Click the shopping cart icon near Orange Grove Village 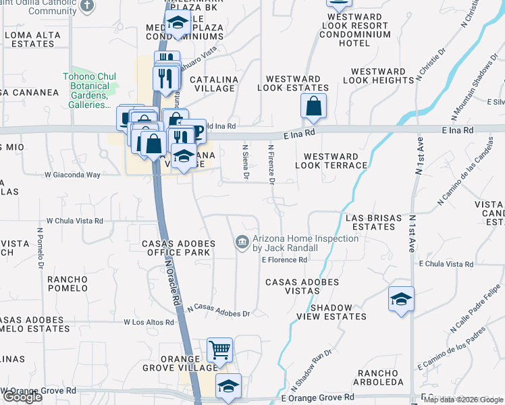tap(219, 350)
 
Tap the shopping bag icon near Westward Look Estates tap(313, 106)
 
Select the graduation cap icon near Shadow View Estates tap(401, 299)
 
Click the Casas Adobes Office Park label tap(178, 248)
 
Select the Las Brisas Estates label tap(369, 222)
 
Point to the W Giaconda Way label tap(72, 174)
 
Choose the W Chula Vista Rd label tap(74, 220)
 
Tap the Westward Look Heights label tap(378, 76)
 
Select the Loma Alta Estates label tap(28, 39)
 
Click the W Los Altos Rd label tap(149, 322)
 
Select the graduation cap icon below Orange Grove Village tap(228, 387)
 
